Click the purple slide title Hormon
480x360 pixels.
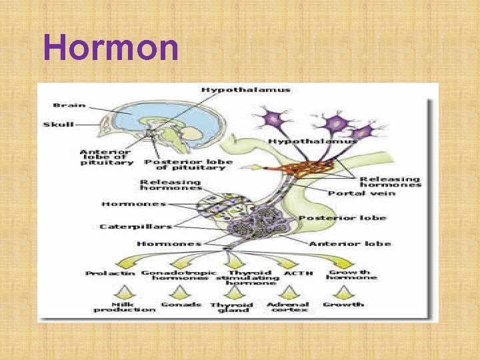(111, 48)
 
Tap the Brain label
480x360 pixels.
(69, 105)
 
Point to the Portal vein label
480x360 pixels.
(362, 193)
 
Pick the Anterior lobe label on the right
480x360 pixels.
(349, 244)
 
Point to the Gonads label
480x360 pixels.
(181, 305)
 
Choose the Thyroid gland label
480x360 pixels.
(232, 307)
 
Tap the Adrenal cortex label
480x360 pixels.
(287, 307)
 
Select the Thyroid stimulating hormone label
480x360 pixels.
(249, 277)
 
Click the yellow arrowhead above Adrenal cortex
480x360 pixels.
(289, 292)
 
